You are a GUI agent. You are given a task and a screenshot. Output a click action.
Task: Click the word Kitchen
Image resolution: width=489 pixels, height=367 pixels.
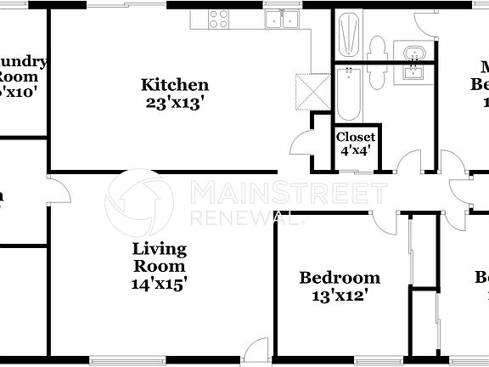[x=175, y=85]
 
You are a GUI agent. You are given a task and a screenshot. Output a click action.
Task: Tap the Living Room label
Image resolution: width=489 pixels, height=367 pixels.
[x=160, y=257]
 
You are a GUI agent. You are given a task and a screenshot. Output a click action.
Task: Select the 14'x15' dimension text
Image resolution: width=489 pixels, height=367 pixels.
[x=160, y=284]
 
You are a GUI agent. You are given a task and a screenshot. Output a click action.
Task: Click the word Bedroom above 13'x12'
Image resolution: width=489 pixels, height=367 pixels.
[x=340, y=278]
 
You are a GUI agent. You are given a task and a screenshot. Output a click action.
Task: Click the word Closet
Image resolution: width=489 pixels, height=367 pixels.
[x=356, y=137]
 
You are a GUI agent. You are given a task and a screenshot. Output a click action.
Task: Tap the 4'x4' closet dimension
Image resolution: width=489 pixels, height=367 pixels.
[x=356, y=151]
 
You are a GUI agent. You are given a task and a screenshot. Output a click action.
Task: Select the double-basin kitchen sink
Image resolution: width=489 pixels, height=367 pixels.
[x=282, y=19]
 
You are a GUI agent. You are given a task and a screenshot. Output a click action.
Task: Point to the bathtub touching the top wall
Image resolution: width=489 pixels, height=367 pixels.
[x=348, y=34]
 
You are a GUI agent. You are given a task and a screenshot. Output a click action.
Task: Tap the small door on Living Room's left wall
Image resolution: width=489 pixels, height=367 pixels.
[x=57, y=189]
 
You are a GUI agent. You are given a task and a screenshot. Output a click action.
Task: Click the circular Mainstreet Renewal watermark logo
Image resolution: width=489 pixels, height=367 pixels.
[x=139, y=204]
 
